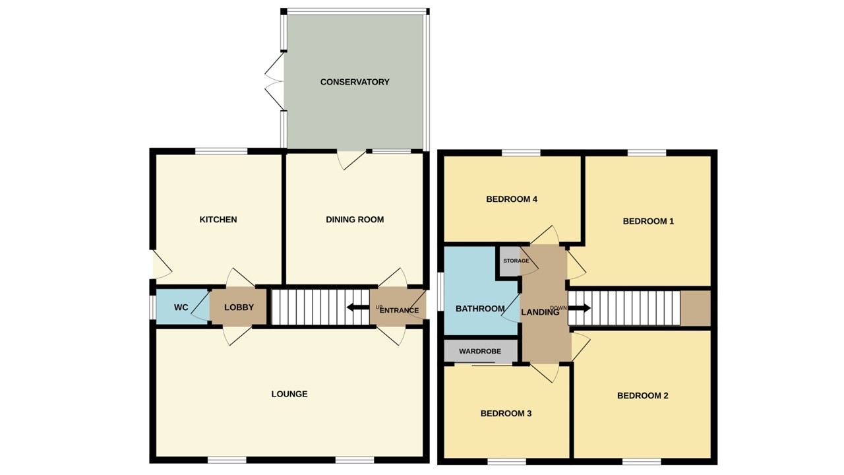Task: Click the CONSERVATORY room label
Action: (x=355, y=82)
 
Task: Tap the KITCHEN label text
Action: (x=218, y=220)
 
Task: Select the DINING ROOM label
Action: (x=355, y=220)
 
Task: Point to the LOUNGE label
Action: (x=289, y=395)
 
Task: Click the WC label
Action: (x=181, y=308)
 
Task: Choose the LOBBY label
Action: (x=239, y=308)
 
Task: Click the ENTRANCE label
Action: (x=399, y=311)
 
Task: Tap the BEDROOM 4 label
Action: (x=512, y=199)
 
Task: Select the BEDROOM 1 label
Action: (x=648, y=222)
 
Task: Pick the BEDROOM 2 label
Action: (x=643, y=396)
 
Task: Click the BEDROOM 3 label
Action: (x=506, y=414)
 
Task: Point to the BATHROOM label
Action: (x=480, y=309)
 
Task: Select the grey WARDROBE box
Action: (x=479, y=352)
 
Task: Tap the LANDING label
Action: (x=540, y=313)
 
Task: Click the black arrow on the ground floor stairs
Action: (x=358, y=307)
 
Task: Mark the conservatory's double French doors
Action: (x=274, y=82)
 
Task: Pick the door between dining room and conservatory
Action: (x=350, y=159)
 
